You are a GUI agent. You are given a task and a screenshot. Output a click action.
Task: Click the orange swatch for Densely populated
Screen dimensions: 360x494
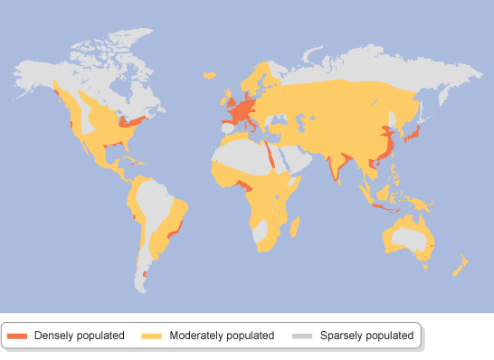coord(17,336)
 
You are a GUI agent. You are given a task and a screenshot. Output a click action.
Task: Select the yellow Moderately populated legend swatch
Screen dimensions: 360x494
coord(152,336)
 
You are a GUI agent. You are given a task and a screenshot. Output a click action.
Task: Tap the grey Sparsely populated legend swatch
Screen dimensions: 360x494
coord(302,336)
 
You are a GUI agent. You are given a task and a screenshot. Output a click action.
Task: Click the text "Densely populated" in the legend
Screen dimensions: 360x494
coord(79,336)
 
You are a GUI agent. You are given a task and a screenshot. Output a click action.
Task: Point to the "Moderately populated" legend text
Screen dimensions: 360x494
coord(221,336)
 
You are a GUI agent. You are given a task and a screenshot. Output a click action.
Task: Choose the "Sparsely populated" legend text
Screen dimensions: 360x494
coord(366,336)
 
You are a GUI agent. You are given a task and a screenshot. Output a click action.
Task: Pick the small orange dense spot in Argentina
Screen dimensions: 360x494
coord(145,273)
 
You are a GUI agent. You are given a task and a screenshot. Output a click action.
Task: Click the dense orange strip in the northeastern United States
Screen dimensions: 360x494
coord(133,120)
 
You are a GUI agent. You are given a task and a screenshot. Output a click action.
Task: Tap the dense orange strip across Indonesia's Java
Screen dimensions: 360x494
coord(386,210)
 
